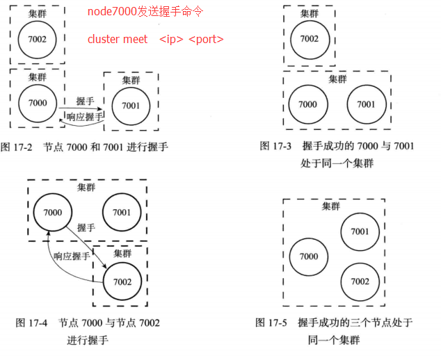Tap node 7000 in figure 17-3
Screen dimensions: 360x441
(x=307, y=104)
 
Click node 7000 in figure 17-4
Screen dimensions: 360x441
(x=52, y=212)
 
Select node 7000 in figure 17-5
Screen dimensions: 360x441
(x=308, y=256)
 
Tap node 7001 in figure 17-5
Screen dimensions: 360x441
(x=360, y=231)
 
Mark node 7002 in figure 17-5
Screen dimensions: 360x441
(x=360, y=281)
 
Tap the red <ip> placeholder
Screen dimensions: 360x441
(x=171, y=39)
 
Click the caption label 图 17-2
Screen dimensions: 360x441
(x=16, y=147)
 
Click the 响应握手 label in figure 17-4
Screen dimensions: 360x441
(x=72, y=256)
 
